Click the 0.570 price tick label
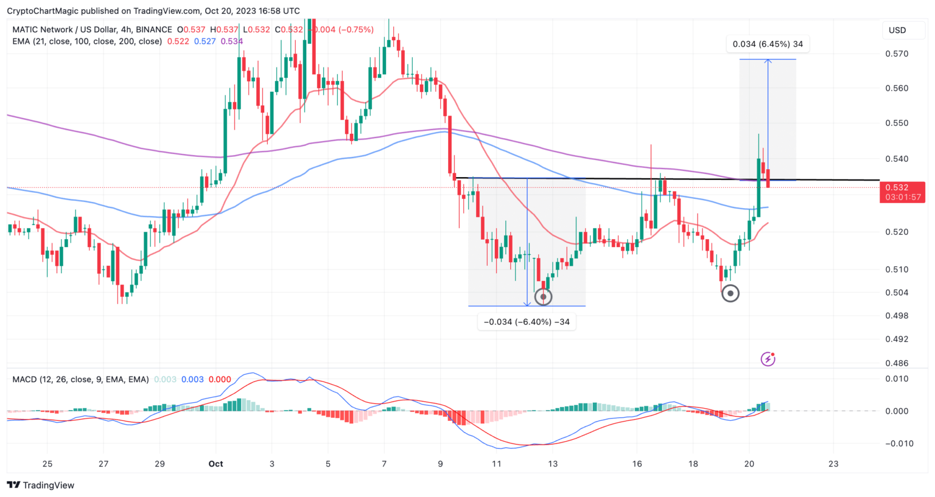pos(897,54)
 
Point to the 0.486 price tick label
pos(897,363)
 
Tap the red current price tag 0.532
pos(897,187)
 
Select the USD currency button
pos(897,30)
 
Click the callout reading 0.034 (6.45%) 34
pos(768,44)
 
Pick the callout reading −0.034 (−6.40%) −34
pos(527,322)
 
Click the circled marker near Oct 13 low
pos(543,297)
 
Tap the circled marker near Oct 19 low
pos(730,294)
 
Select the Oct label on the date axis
pos(215,464)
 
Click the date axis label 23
pos(833,464)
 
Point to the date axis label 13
pos(553,464)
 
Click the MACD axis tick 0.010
pos(897,379)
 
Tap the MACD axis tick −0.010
pos(895,443)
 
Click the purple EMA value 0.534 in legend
pos(231,41)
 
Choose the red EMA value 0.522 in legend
pos(178,41)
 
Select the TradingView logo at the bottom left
pos(40,485)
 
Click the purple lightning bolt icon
pos(768,360)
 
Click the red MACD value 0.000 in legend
pos(220,380)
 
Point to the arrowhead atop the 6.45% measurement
pos(768,61)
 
